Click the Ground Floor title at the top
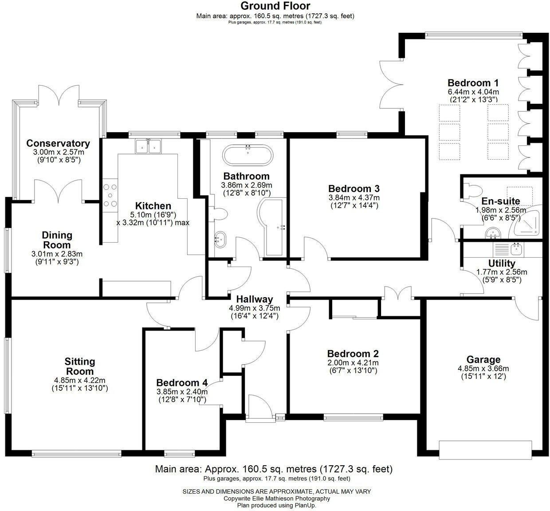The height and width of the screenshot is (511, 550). coord(275,6)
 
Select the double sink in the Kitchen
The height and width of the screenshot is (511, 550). coord(148,146)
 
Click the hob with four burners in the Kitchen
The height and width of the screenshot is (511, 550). coord(110,196)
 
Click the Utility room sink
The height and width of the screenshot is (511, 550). coord(516,248)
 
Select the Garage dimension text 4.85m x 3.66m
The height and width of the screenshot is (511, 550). coord(483,369)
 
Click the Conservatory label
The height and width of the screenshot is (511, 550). coord(58,143)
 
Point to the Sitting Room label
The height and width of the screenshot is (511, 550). coord(80,366)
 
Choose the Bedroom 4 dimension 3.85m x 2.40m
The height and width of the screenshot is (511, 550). coord(182,392)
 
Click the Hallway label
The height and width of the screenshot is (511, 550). coord(254,299)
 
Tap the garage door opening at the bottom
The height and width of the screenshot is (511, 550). coord(485,450)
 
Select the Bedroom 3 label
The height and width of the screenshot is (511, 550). coord(354,189)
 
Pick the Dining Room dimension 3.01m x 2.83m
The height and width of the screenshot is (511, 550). coord(57,254)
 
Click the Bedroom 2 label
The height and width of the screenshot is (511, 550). coord(353,354)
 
